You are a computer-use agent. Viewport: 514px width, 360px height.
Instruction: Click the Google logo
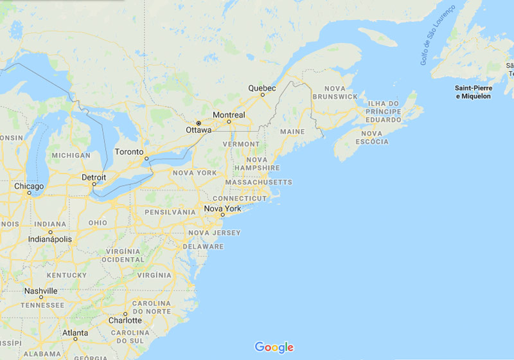pyautogui.click(x=274, y=347)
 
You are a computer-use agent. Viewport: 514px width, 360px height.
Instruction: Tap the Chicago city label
pyautogui.click(x=29, y=186)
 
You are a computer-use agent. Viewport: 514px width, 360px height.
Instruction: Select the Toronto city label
pyautogui.click(x=128, y=152)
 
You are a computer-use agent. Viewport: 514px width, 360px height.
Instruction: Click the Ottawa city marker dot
pyautogui.click(x=199, y=123)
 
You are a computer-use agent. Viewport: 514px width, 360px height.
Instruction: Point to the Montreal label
pyautogui.click(x=229, y=115)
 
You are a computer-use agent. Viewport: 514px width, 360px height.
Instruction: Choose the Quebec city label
pyautogui.click(x=262, y=88)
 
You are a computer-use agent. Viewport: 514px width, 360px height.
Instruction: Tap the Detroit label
pyautogui.click(x=94, y=177)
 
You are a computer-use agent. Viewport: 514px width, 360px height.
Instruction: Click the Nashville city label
pyautogui.click(x=40, y=291)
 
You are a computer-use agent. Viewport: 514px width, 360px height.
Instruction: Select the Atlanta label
pyautogui.click(x=75, y=333)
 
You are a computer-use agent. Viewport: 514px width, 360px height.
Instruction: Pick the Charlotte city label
pyautogui.click(x=125, y=320)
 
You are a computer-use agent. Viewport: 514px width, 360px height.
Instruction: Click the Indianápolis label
pyautogui.click(x=50, y=239)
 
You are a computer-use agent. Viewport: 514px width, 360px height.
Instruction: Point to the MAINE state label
pyautogui.click(x=292, y=132)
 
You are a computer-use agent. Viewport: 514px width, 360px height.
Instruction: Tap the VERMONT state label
pyautogui.click(x=241, y=144)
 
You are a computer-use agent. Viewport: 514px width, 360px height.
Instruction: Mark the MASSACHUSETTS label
pyautogui.click(x=258, y=182)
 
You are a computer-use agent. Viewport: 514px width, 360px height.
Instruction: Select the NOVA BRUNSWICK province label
pyautogui.click(x=335, y=92)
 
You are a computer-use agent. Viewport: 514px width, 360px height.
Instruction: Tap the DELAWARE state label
pyautogui.click(x=203, y=246)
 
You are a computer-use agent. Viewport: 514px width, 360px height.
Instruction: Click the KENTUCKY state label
pyautogui.click(x=67, y=275)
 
